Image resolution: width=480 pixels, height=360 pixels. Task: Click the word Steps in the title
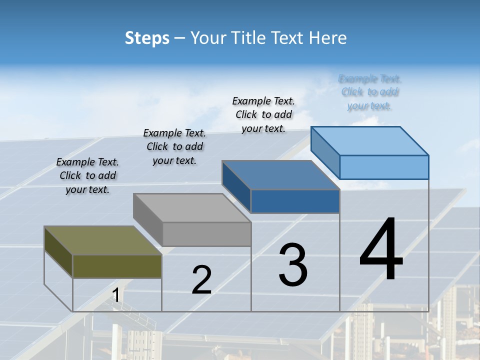[x=147, y=38]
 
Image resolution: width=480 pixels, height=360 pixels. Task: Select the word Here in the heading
[x=328, y=38]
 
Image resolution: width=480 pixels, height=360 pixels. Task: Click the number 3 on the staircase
[x=293, y=264]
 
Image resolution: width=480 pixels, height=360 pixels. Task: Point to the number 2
[x=201, y=280]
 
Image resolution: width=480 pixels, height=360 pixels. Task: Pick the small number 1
[x=115, y=295]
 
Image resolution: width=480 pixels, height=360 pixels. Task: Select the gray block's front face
[x=207, y=234]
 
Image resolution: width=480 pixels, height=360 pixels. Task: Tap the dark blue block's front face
[x=295, y=201]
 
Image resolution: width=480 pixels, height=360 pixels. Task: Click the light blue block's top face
[x=370, y=140]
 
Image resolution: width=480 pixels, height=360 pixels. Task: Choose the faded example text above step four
[x=369, y=92]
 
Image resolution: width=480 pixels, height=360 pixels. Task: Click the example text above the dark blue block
[x=263, y=114]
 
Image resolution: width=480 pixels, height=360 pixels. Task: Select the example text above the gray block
[x=174, y=146]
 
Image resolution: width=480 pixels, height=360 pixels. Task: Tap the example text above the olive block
[x=87, y=175]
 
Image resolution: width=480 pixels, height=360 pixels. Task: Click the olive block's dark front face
[x=117, y=266]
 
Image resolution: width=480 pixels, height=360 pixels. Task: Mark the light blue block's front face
[x=384, y=167]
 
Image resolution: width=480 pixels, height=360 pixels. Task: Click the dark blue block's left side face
[x=236, y=186]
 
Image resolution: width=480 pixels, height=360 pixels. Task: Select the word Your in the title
[x=206, y=38]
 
